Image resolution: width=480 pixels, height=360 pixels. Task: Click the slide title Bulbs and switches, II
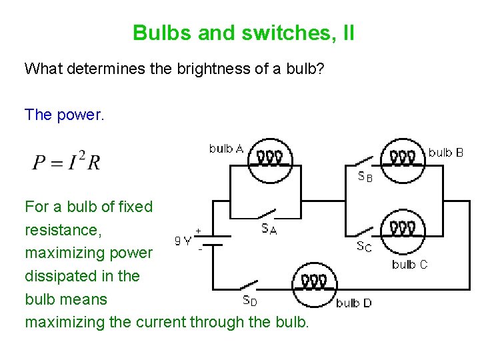click(x=243, y=33)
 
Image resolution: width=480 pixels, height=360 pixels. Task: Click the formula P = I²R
click(x=66, y=160)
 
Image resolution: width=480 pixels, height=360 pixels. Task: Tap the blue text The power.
click(x=65, y=115)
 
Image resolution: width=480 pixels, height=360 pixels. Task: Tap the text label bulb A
click(x=226, y=149)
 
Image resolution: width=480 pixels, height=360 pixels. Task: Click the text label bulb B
click(x=445, y=153)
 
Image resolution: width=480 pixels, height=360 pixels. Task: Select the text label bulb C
click(x=409, y=265)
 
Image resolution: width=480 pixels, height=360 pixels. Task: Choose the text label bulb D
click(x=354, y=303)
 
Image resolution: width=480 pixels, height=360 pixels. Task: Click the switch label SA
click(x=269, y=229)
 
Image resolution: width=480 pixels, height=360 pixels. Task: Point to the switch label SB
click(x=365, y=177)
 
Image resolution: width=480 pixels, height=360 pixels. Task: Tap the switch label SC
click(x=364, y=247)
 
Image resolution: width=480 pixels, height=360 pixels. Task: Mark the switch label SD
click(x=249, y=301)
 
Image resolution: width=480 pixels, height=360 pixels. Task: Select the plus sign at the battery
click(x=199, y=231)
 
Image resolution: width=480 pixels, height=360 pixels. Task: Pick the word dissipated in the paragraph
click(x=58, y=276)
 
